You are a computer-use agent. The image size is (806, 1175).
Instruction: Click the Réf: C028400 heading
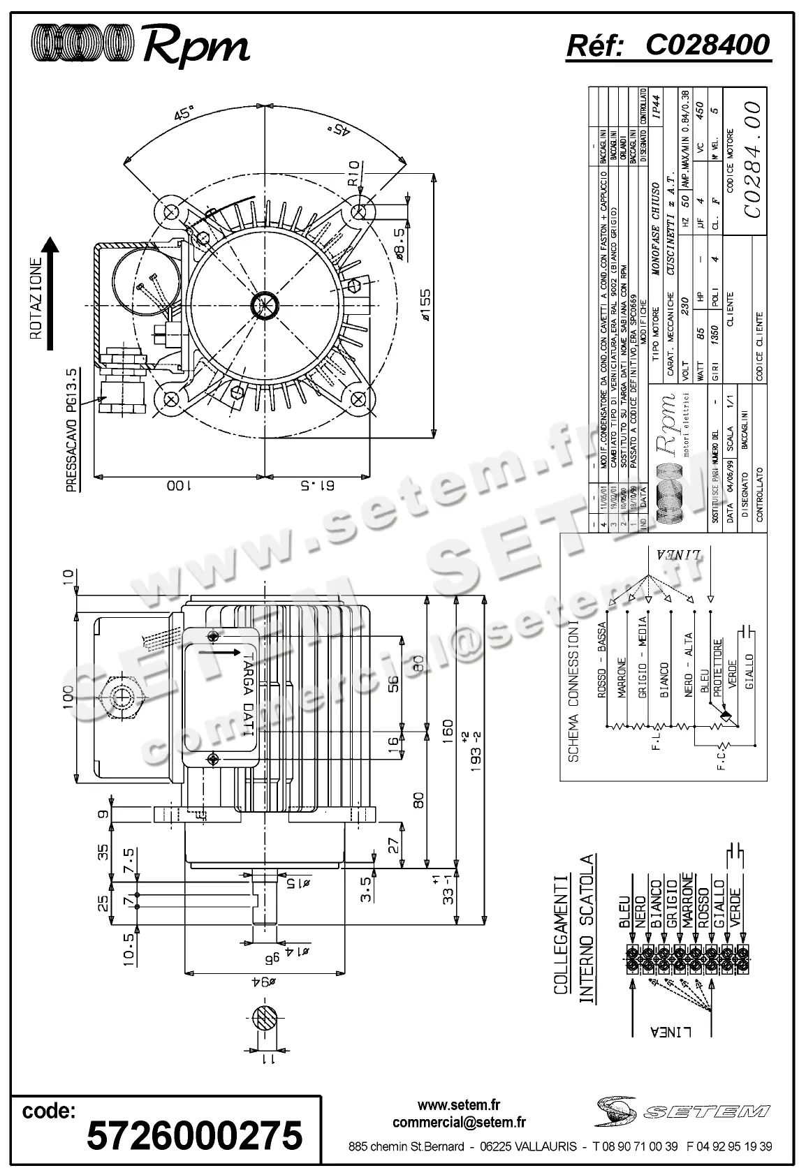tap(668, 45)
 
